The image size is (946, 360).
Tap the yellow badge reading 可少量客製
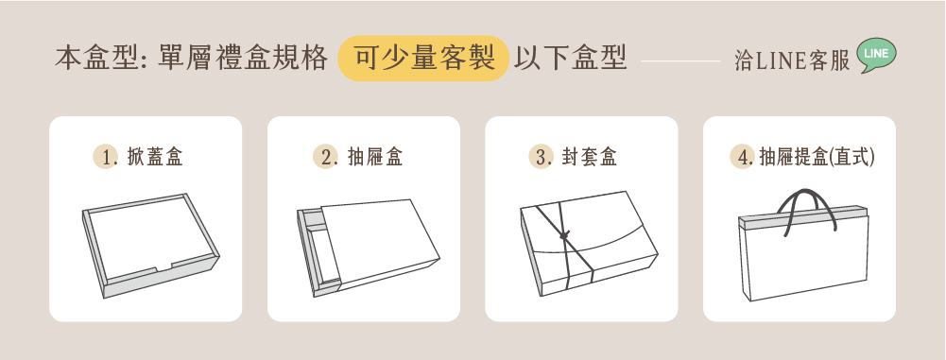423,59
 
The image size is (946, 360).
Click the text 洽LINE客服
792,60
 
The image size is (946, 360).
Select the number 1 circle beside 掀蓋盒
105,158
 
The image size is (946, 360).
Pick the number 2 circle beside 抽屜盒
324,158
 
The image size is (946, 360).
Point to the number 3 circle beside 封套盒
541,158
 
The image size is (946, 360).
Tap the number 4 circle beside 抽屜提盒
742,158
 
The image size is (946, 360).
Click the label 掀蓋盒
154,158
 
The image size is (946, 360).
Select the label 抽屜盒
374,158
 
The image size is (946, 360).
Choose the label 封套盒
590,158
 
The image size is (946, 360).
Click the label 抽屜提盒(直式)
817,158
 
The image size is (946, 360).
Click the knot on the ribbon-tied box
565,235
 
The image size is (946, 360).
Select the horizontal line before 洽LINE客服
680,60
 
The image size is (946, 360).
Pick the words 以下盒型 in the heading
571,59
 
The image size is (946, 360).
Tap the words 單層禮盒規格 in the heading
244,59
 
